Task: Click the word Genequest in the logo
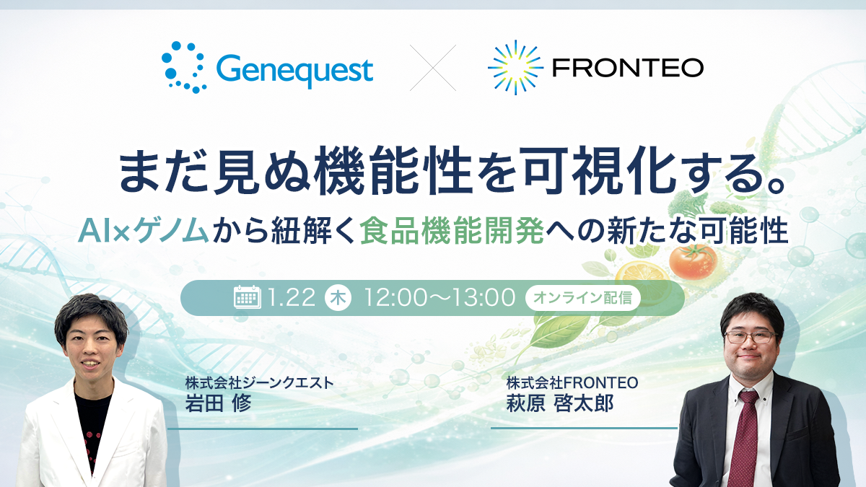click(x=294, y=71)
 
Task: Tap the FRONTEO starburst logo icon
click(x=515, y=68)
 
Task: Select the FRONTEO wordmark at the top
click(x=626, y=69)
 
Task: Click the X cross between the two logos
click(x=433, y=68)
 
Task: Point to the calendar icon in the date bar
click(x=248, y=297)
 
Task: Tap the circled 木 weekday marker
click(x=338, y=298)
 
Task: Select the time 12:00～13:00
click(x=439, y=297)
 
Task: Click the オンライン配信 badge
click(x=583, y=298)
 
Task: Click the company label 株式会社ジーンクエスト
click(x=259, y=383)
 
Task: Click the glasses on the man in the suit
click(x=749, y=336)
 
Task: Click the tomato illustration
click(x=691, y=260)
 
